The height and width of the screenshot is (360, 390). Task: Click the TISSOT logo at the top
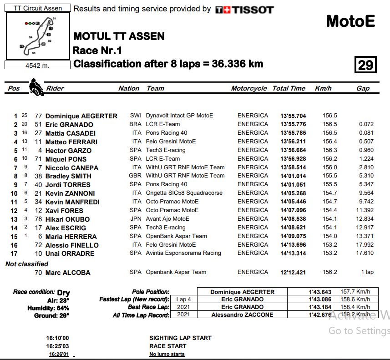244,9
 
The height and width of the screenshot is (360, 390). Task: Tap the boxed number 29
365,65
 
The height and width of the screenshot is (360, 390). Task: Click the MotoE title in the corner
350,21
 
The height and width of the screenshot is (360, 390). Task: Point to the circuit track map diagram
38,36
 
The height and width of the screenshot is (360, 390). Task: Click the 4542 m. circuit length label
37,65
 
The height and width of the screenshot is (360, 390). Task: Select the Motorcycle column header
249,88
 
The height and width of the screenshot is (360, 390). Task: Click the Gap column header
363,88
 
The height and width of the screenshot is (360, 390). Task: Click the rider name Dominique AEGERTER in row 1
81,116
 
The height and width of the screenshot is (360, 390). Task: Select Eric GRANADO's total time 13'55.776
293,124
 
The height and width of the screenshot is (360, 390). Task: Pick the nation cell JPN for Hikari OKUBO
136,219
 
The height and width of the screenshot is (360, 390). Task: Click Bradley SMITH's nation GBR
136,176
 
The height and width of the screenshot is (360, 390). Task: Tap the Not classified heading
26,264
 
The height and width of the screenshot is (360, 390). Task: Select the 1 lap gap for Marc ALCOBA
366,272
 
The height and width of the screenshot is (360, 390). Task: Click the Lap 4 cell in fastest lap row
184,299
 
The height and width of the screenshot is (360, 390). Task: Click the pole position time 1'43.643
319,292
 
